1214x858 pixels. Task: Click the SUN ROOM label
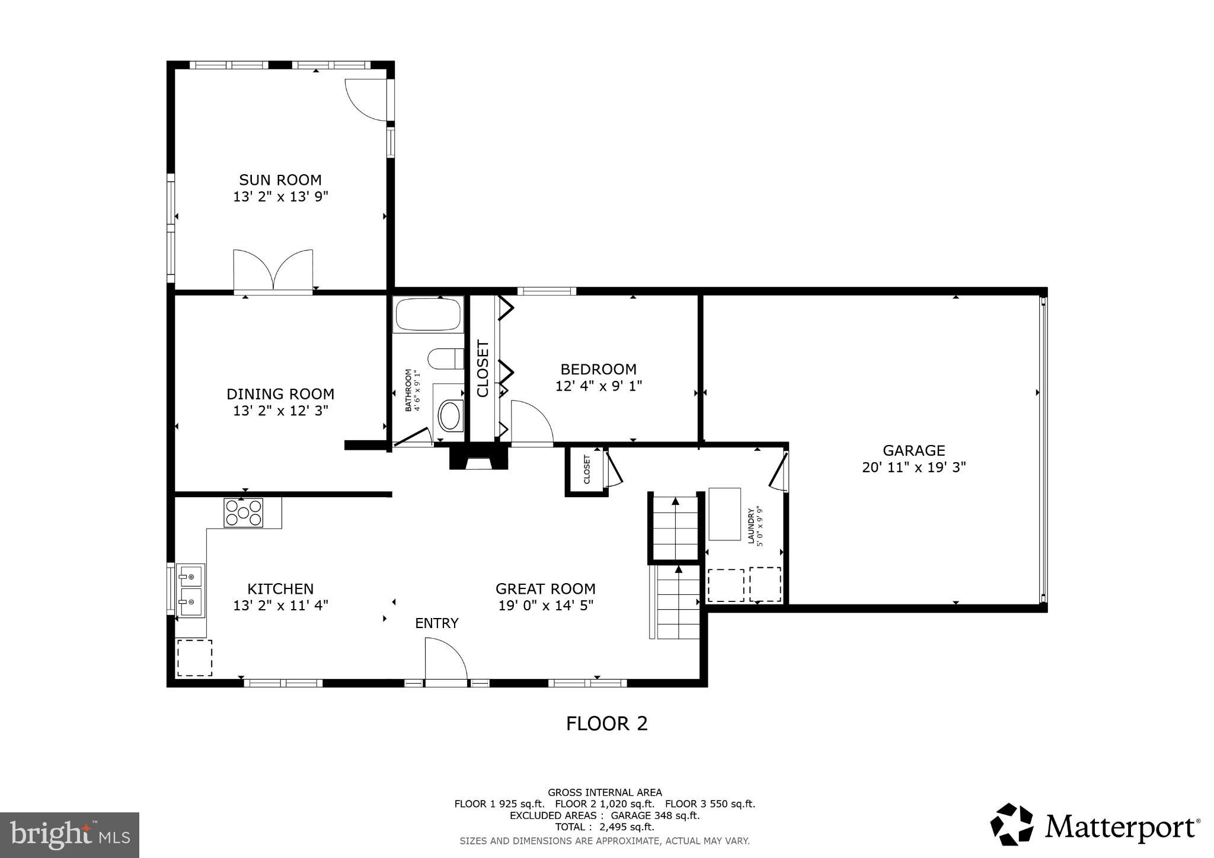click(280, 180)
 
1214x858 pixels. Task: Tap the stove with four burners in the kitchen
click(243, 513)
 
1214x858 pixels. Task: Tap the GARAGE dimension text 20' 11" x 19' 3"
click(913, 467)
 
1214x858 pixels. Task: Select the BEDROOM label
click(598, 369)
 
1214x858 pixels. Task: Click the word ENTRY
click(436, 623)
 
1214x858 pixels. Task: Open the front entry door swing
click(446, 659)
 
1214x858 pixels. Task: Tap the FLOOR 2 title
click(606, 723)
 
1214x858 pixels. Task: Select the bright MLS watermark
click(69, 835)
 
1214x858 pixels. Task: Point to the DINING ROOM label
click(280, 394)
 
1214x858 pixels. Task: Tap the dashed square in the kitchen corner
click(194, 657)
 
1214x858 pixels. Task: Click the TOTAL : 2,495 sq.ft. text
click(604, 827)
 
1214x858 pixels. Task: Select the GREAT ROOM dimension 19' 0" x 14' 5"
click(545, 606)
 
